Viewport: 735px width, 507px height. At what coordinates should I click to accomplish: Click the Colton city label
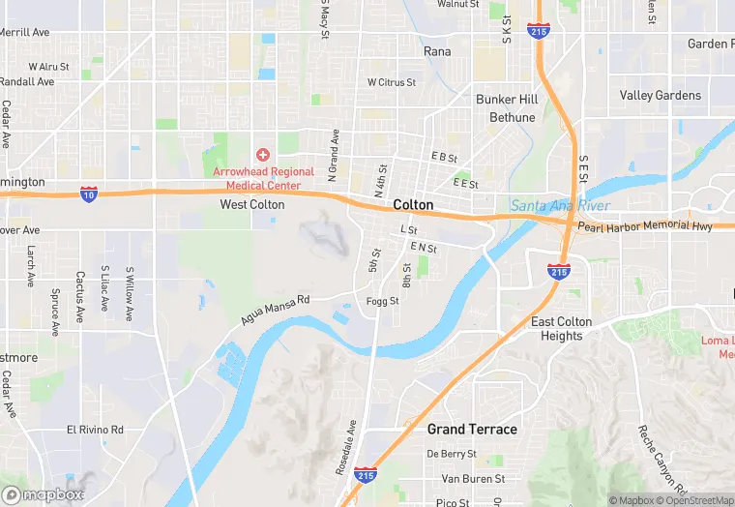coord(413,205)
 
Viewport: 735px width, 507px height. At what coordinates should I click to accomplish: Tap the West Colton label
coord(252,205)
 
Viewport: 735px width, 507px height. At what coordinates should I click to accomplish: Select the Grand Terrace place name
coord(472,429)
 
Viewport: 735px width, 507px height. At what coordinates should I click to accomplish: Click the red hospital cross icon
coord(262,155)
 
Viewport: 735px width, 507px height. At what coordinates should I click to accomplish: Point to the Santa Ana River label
coord(546,205)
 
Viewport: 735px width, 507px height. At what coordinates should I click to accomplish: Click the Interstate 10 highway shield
coord(88,194)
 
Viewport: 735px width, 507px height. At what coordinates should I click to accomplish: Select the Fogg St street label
coord(383,302)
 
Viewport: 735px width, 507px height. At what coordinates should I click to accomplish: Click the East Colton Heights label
coord(561,329)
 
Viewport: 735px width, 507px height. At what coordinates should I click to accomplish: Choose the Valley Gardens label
coord(660,96)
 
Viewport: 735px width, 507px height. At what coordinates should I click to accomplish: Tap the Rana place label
coord(437,51)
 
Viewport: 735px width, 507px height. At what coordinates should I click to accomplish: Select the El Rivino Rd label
coord(95,430)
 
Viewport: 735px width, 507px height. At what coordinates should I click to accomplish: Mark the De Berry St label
coord(452,454)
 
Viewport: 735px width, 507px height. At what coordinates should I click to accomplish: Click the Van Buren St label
coord(473,479)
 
